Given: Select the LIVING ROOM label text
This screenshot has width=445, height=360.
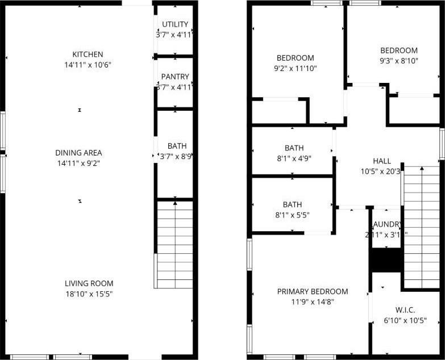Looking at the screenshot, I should (x=89, y=283).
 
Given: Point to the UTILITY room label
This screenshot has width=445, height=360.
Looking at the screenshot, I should (x=175, y=24).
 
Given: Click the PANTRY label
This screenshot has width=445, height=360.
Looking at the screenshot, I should (x=175, y=77).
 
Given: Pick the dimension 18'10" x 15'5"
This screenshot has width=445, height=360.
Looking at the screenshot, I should (x=89, y=294).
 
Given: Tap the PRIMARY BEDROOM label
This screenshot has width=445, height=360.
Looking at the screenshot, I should (x=313, y=291).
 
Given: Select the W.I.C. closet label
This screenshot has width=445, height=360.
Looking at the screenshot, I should (x=405, y=310).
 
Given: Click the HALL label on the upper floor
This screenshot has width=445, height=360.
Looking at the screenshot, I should (x=382, y=161).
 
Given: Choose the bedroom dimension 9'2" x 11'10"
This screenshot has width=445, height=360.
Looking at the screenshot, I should (x=295, y=68).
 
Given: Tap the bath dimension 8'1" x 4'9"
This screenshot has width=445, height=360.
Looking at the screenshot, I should (x=293, y=158).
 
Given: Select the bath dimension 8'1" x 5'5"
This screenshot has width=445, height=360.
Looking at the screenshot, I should (x=293, y=215).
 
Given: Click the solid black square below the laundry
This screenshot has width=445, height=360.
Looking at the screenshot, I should (x=386, y=260).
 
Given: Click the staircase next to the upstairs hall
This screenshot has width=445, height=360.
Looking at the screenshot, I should (x=421, y=227).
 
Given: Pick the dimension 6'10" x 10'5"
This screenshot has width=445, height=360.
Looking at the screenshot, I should (x=405, y=320).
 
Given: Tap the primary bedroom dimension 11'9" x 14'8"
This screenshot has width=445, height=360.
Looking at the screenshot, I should (x=313, y=302).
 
